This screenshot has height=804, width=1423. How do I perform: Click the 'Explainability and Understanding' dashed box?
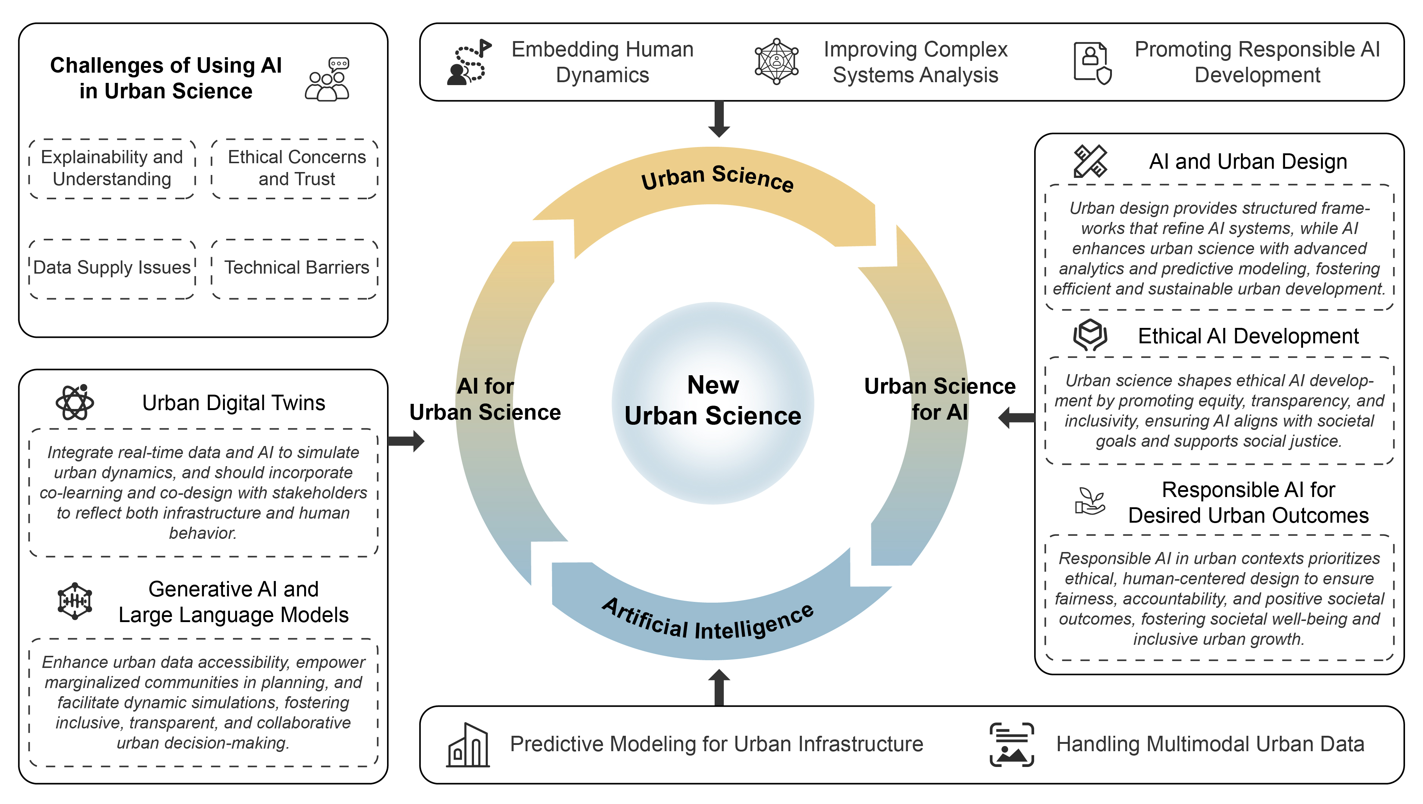(112, 168)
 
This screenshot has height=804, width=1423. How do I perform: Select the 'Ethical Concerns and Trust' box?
(295, 168)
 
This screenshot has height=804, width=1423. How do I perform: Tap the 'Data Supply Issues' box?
(112, 268)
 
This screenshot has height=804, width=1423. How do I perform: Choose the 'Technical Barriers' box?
(295, 268)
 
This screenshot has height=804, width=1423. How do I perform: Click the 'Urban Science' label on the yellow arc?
(717, 178)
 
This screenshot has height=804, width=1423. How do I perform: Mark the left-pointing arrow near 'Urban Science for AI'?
(1017, 417)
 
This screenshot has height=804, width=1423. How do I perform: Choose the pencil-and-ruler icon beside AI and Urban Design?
(1090, 161)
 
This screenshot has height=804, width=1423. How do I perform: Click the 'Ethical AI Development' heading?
(1248, 336)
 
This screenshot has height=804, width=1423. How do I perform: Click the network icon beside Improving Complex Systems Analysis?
(777, 61)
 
